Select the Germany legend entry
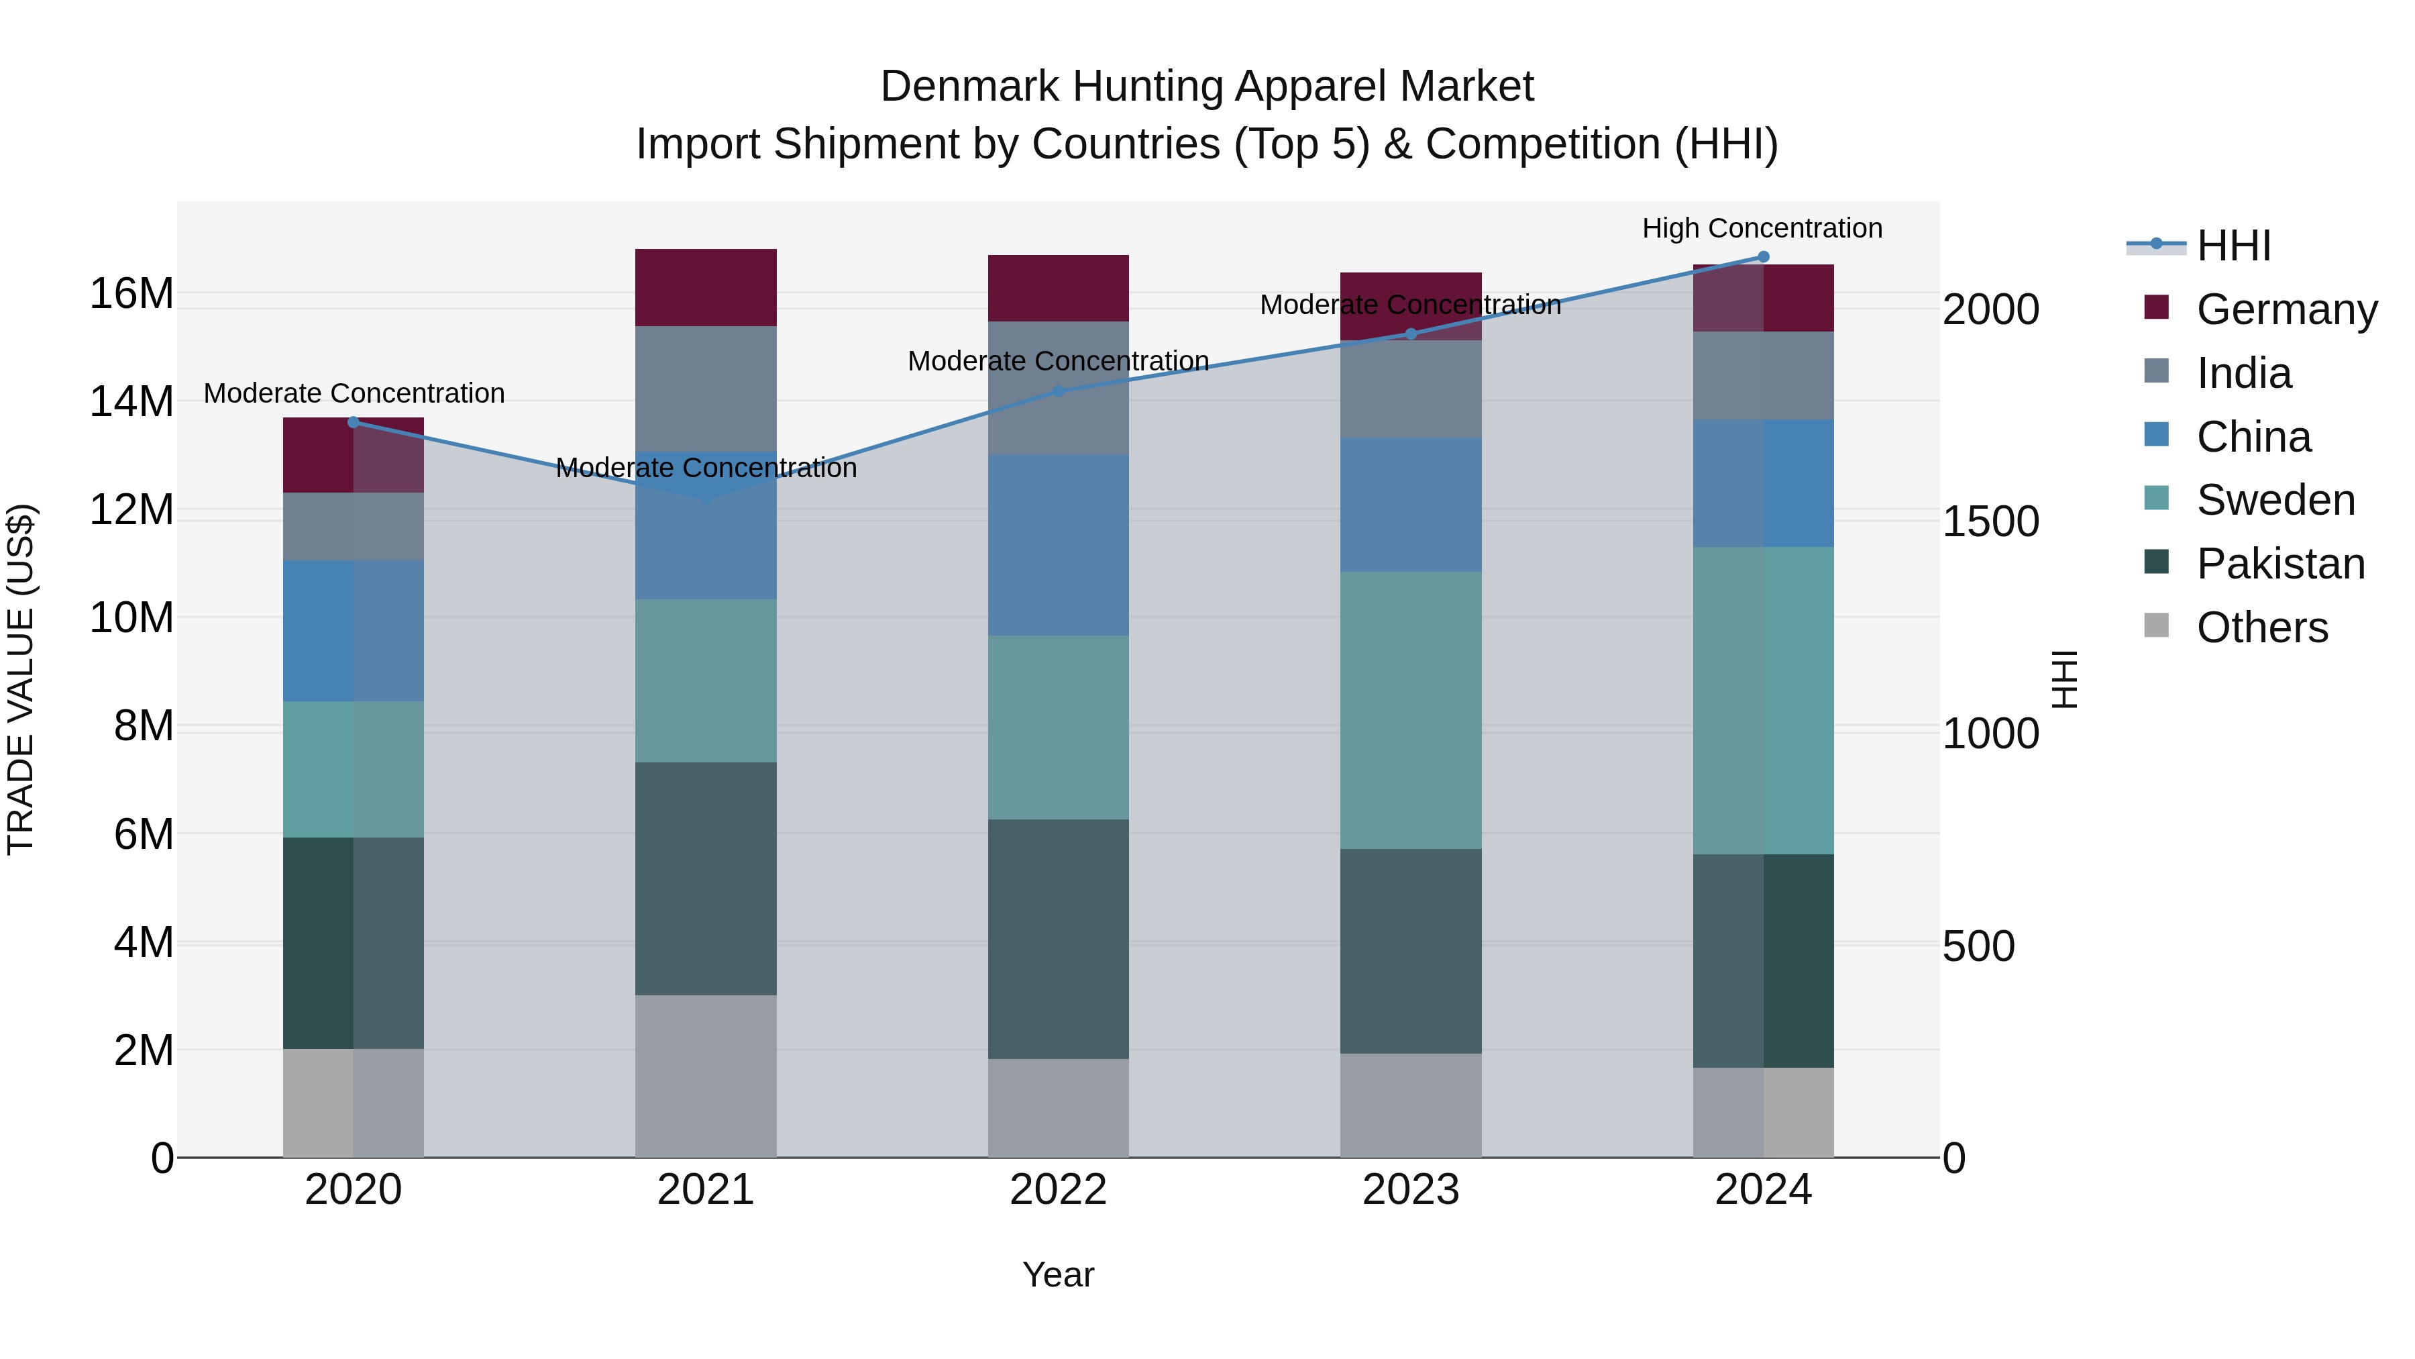pyautogui.click(x=2286, y=309)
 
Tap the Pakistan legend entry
pyautogui.click(x=2280, y=564)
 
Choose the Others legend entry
pyautogui.click(x=2261, y=627)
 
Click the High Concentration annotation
pyautogui.click(x=1762, y=228)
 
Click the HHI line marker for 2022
pyautogui.click(x=1059, y=391)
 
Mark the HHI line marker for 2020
pyautogui.click(x=354, y=422)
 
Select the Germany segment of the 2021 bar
pyautogui.click(x=706, y=287)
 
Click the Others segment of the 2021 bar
pyautogui.click(x=706, y=1076)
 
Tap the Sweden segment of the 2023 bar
pyautogui.click(x=1411, y=710)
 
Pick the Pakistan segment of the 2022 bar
pyautogui.click(x=1059, y=939)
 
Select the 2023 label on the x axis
pyautogui.click(x=1411, y=1190)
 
